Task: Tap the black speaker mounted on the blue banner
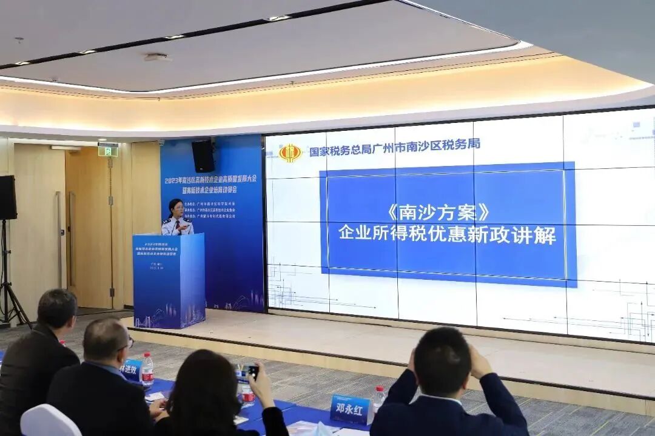tap(203, 156)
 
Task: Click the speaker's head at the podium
tap(176, 207)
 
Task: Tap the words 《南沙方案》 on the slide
tap(437, 213)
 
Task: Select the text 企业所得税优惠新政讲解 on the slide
tap(447, 234)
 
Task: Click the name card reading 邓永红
tap(350, 409)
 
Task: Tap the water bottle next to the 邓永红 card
tap(378, 398)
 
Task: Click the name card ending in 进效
tap(131, 368)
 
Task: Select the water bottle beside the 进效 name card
tap(147, 369)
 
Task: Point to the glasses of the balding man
tap(127, 344)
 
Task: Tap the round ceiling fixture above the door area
tap(157, 58)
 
